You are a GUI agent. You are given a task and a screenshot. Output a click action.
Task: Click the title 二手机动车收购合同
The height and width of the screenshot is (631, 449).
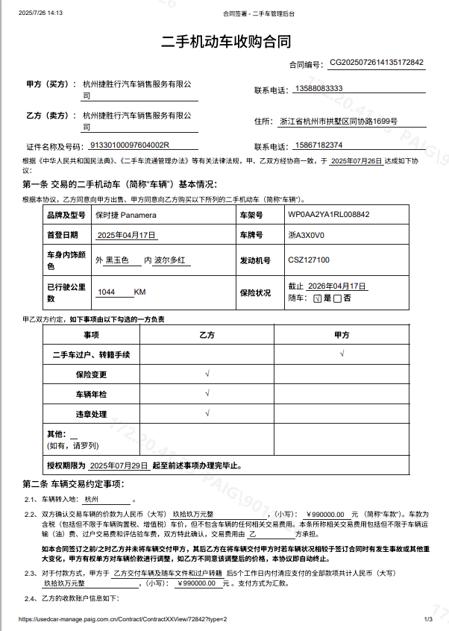click(225, 41)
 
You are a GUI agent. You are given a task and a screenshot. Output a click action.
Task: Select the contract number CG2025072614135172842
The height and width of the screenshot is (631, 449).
click(377, 63)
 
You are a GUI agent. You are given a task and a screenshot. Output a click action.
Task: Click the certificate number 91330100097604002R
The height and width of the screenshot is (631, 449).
click(130, 145)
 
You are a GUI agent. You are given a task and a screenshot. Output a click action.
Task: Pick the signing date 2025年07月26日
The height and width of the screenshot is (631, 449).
click(356, 160)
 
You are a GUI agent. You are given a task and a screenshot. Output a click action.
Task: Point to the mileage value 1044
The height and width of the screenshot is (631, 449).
click(107, 292)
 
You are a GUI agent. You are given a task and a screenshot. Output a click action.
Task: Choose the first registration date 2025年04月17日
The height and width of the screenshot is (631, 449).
click(127, 235)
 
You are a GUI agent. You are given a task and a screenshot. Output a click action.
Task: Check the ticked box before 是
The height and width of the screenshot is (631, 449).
click(317, 298)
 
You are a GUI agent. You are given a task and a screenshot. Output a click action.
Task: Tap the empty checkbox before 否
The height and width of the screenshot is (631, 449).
click(338, 298)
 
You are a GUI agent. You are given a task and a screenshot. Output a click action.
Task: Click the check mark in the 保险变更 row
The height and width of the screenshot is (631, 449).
click(207, 373)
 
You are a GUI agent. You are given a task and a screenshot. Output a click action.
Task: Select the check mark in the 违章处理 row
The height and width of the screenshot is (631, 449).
click(207, 412)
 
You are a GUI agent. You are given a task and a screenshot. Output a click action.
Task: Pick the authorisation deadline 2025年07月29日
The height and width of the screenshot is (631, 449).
click(119, 465)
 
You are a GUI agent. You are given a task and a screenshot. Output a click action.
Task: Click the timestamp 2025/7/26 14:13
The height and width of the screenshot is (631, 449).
click(40, 13)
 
